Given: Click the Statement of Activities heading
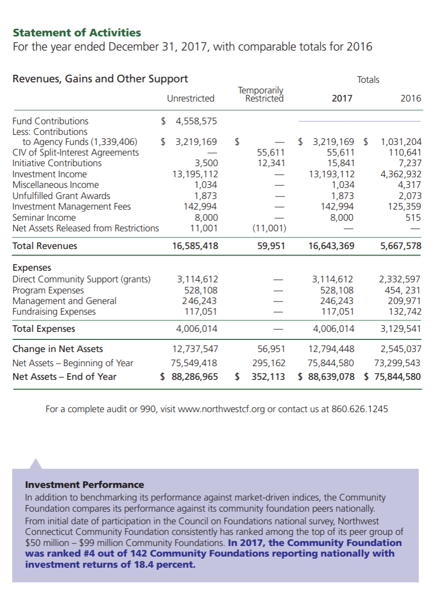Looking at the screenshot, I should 77,33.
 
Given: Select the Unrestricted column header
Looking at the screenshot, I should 191,98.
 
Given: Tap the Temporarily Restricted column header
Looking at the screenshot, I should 261,94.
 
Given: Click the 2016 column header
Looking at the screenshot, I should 410,98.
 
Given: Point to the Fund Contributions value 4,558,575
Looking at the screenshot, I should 196,121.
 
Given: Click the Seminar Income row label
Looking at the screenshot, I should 44,218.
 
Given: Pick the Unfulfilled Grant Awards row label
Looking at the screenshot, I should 61,196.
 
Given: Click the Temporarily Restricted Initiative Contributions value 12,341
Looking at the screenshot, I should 271,163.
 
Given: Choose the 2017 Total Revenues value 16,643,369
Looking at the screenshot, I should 331,246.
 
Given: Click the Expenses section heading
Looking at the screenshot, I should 31,268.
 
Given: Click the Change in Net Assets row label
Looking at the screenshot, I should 58,349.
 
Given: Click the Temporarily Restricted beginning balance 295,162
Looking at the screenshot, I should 269,363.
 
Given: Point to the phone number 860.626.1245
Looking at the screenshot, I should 360,409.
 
